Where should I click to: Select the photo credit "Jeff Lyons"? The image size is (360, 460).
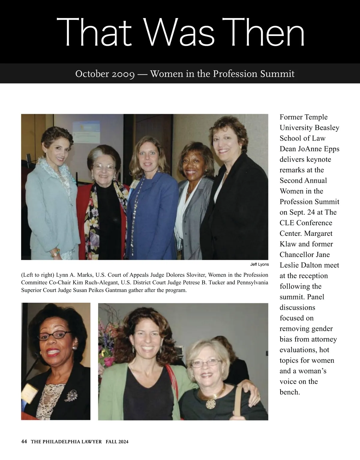259,265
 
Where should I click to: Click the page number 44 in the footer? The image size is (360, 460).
24,441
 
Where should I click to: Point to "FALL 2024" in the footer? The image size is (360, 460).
117,441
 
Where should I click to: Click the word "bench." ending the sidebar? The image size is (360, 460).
290,392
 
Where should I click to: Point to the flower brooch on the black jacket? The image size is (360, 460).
71,396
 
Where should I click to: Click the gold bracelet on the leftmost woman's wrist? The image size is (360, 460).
55,253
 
